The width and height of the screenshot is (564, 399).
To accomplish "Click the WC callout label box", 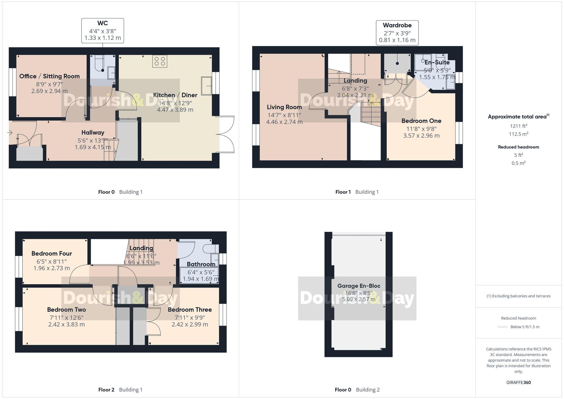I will (x=102, y=30).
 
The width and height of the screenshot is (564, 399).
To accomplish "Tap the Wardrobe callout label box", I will (x=397, y=32).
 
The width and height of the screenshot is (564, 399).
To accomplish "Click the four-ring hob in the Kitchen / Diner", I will (x=160, y=61).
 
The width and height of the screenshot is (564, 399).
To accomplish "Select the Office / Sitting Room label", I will (x=49, y=76).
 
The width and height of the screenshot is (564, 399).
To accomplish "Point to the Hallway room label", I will (x=93, y=133).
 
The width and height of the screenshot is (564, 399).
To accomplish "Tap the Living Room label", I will (x=284, y=107).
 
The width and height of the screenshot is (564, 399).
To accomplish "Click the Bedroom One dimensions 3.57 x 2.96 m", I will (x=421, y=136).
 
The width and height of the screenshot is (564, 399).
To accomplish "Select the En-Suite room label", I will (x=437, y=63).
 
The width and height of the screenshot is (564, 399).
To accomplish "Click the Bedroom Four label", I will (x=52, y=253).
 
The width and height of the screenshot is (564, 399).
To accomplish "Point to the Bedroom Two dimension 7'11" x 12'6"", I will (x=66, y=318).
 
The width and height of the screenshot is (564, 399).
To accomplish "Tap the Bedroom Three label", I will (x=190, y=310).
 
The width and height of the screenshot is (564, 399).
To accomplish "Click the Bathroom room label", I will (x=201, y=264).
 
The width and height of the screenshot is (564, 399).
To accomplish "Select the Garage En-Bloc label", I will (x=359, y=286).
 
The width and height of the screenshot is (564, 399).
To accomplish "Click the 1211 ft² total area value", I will (x=518, y=126).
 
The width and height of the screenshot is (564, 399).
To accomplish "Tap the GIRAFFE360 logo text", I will (x=518, y=383).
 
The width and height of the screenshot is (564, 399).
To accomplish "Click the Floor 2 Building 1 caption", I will (x=120, y=390).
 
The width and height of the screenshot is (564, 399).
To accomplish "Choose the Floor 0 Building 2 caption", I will (x=357, y=390).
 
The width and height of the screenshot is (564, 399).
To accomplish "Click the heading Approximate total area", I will (x=518, y=116).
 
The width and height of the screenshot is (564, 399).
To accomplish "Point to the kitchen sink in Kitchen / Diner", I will (x=206, y=86).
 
